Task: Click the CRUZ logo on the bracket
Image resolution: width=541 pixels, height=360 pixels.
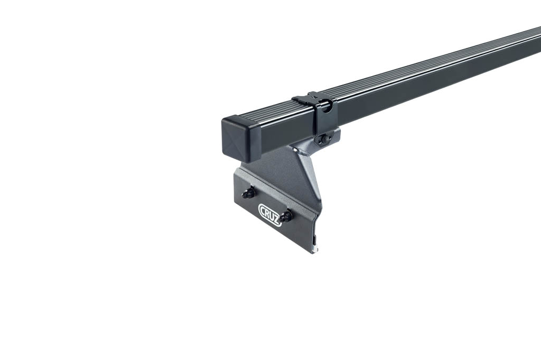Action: pyautogui.click(x=270, y=215)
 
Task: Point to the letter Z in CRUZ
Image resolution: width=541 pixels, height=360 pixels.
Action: pyautogui.click(x=277, y=221)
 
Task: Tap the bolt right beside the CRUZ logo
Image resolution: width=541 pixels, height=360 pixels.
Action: pyautogui.click(x=286, y=216)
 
